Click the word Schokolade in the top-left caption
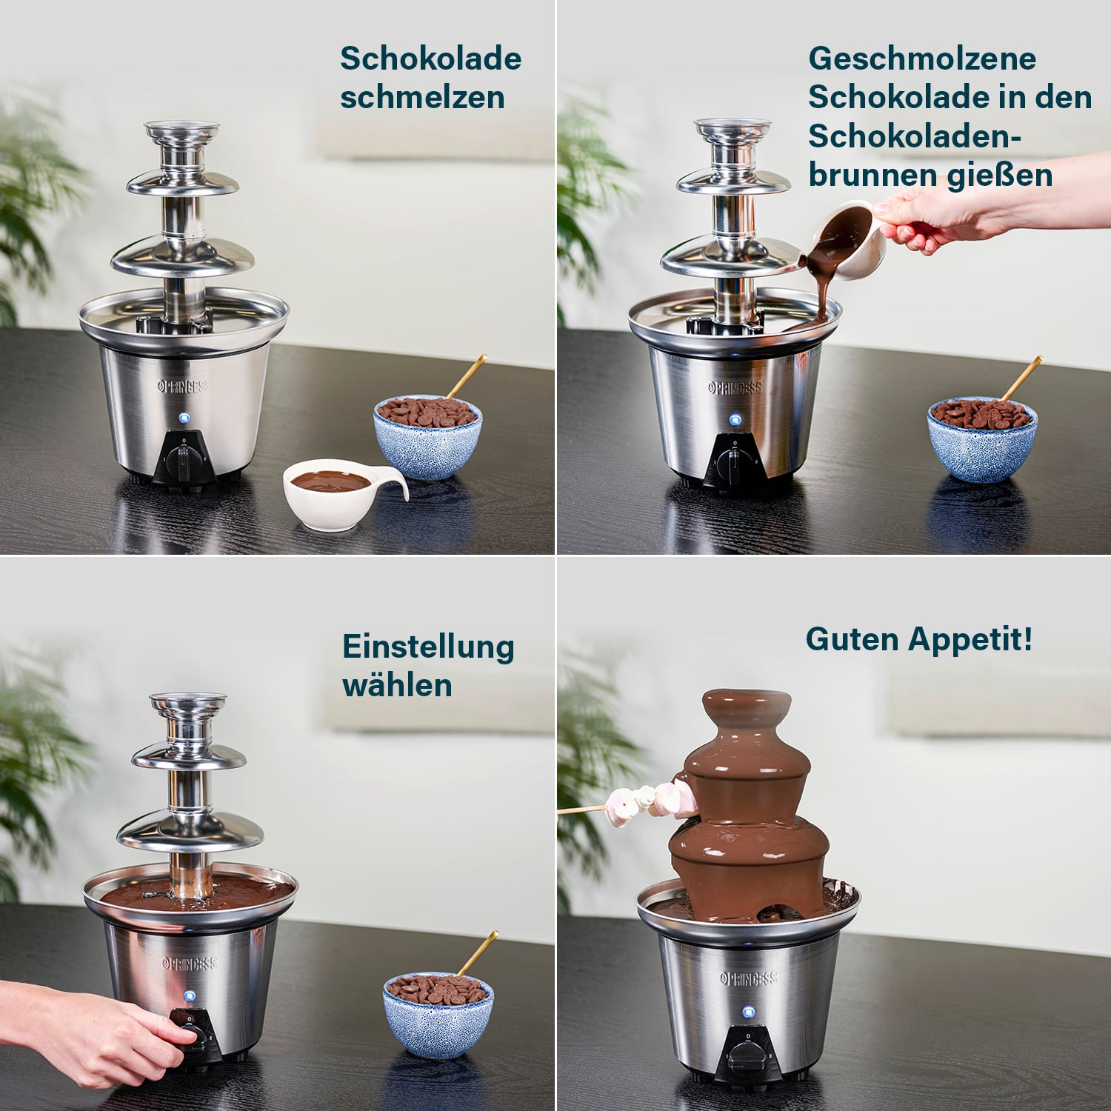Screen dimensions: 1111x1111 tap(430, 59)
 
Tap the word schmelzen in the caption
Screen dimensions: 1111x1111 tap(422, 98)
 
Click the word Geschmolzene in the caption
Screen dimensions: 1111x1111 tap(921, 59)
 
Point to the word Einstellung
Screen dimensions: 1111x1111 tap(428, 647)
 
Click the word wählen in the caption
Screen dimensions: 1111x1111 tap(397, 685)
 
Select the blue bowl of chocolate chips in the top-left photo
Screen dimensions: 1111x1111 tap(427, 437)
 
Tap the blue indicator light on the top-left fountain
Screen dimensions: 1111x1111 tap(184, 418)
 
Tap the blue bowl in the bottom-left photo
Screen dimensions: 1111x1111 tap(438, 1015)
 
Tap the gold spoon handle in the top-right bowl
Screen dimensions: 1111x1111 tap(1023, 378)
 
